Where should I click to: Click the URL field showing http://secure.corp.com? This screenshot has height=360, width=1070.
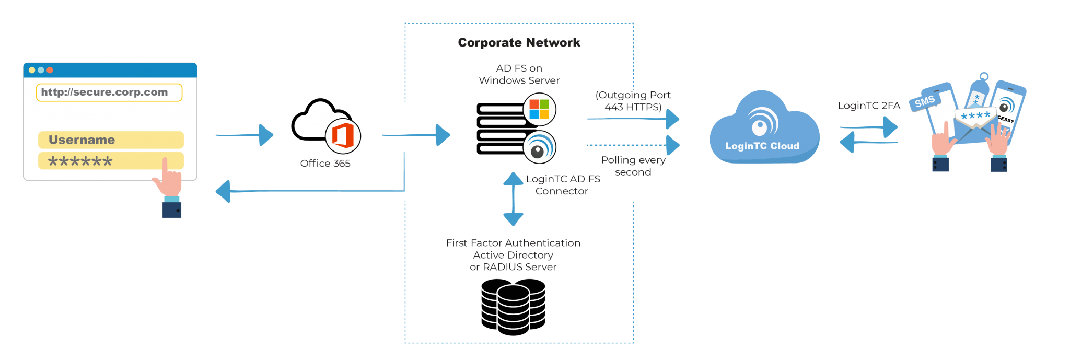click(x=109, y=92)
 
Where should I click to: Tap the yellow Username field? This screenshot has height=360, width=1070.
click(x=110, y=140)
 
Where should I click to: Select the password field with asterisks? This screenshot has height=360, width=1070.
click(x=110, y=161)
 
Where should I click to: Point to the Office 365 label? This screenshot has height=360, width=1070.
click(x=325, y=164)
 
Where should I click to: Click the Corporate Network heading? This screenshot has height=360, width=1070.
click(x=519, y=43)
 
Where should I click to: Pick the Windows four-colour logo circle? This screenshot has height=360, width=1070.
click(x=539, y=109)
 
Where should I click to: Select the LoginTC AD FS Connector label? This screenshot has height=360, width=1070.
click(x=562, y=185)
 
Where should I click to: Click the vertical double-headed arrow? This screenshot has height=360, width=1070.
click(x=513, y=199)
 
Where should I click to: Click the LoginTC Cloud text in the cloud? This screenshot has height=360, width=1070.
click(x=762, y=146)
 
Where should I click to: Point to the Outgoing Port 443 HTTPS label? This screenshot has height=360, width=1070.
click(x=633, y=101)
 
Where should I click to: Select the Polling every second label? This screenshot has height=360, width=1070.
click(x=633, y=166)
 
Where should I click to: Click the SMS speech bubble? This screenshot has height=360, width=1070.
click(x=924, y=102)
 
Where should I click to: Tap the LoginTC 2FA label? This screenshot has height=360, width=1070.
click(x=868, y=106)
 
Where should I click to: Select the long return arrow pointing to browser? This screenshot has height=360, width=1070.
click(x=313, y=191)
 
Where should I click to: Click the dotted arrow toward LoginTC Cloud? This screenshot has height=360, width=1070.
click(x=632, y=145)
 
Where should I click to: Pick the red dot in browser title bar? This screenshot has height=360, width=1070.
click(x=50, y=70)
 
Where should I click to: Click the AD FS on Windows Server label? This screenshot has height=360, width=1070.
click(x=519, y=74)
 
